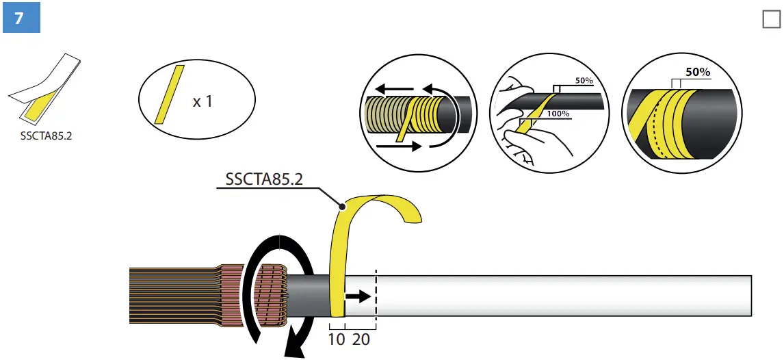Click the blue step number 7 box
21,18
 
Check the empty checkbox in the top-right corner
770,20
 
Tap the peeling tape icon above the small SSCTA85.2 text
45,89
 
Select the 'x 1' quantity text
202,101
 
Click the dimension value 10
337,339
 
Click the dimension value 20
361,339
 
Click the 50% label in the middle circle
584,81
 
